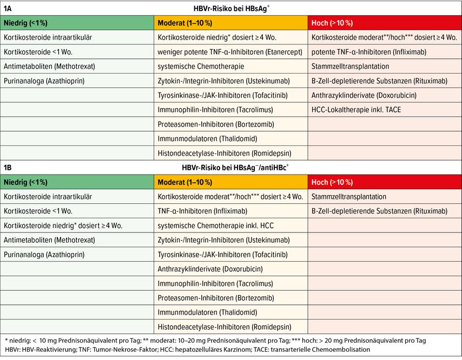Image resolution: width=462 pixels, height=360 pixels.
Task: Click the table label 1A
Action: (x=8, y=8)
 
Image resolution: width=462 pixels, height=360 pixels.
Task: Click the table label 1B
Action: (x=8, y=168)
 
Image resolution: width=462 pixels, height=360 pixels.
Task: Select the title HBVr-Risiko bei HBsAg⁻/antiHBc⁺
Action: (x=235, y=168)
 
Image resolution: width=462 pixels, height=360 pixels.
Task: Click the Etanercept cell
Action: (x=230, y=52)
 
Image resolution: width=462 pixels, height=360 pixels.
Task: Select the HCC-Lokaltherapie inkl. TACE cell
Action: (x=356, y=110)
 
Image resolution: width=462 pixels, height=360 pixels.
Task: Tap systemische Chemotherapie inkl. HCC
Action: (x=216, y=226)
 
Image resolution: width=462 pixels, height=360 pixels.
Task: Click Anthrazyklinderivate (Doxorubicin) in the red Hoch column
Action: (x=364, y=95)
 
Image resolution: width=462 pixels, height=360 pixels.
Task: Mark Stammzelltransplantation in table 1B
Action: (x=349, y=197)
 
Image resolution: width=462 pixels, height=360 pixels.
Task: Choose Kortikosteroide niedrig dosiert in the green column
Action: (x=63, y=226)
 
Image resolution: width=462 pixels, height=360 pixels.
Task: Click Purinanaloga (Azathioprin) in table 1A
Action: (x=44, y=81)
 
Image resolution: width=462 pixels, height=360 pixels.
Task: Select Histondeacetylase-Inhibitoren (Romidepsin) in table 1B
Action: (x=225, y=326)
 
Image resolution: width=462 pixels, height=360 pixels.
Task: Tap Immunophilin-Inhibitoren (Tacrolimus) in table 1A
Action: (x=215, y=110)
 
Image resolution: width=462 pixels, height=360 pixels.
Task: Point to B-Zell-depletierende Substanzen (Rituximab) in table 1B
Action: (x=380, y=211)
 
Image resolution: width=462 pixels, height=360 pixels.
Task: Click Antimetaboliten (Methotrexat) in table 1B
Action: (x=50, y=240)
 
